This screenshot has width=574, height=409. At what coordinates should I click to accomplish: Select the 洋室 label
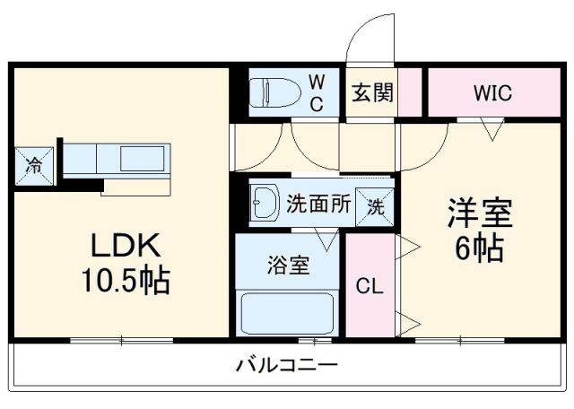point(480,215)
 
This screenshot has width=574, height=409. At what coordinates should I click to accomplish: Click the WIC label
point(493,92)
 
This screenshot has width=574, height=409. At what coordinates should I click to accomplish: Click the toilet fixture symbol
point(273,92)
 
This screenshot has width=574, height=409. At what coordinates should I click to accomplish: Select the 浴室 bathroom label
point(288,265)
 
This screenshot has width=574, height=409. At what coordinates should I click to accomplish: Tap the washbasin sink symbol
point(265,203)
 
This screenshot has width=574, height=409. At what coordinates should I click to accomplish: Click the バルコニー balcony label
point(287,365)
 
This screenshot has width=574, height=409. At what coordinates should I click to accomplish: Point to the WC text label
point(317,92)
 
